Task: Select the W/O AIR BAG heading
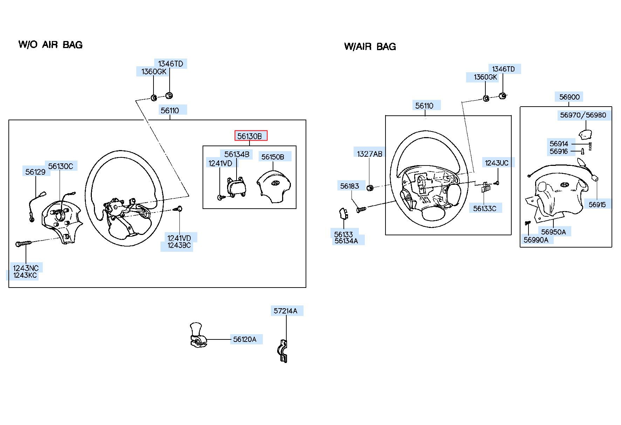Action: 50,45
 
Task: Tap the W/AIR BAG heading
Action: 370,46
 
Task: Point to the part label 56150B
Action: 273,157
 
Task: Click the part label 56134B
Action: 237,154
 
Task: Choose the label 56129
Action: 35,171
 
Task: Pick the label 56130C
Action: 61,166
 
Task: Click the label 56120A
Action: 245,339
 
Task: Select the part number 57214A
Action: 285,311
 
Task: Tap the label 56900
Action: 569,97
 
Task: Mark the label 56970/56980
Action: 583,115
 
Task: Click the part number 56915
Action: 597,204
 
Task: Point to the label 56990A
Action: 536,240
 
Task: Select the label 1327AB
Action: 370,154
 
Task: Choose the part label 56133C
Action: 485,208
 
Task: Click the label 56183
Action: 350,186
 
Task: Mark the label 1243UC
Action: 497,163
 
